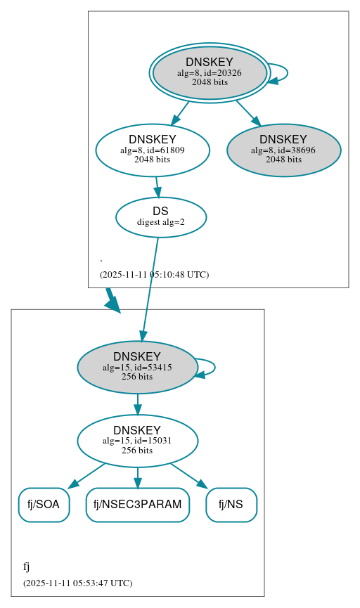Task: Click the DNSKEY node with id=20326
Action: click(x=210, y=72)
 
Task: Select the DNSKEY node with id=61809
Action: click(x=153, y=150)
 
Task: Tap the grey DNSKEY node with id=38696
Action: click(x=283, y=150)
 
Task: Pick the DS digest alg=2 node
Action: click(x=161, y=217)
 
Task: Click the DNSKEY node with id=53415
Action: click(x=137, y=367)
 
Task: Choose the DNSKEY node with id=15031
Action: click(x=137, y=441)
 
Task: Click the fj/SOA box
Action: click(x=44, y=505)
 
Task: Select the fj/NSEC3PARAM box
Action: click(x=138, y=505)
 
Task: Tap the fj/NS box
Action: click(x=231, y=505)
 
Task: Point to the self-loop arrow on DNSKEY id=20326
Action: click(x=285, y=72)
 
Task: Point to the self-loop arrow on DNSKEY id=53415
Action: click(x=213, y=367)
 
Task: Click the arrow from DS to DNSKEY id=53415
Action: click(x=150, y=288)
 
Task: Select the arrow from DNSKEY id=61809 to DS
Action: click(x=157, y=187)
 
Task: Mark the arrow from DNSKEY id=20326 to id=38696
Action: click(x=247, y=113)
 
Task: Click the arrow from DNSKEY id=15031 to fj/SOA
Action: click(x=86, y=476)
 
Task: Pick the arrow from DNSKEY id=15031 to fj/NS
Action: click(x=188, y=475)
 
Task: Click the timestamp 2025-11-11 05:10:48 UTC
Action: click(x=154, y=274)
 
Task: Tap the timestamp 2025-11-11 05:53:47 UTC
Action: click(x=77, y=583)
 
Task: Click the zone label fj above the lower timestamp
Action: click(x=27, y=567)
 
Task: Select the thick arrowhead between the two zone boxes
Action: click(x=112, y=303)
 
